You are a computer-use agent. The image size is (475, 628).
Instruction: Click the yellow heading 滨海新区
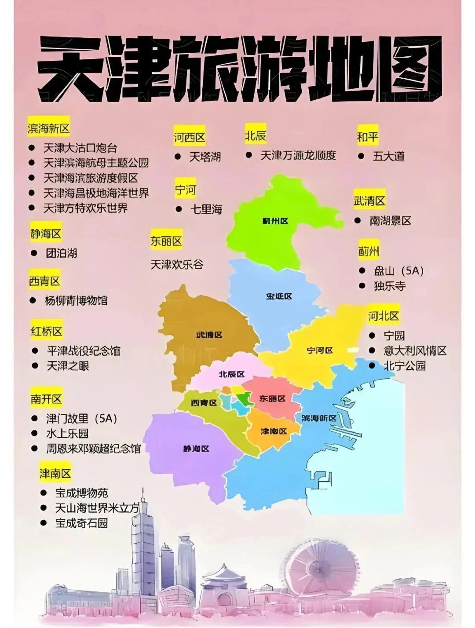(x=48, y=129)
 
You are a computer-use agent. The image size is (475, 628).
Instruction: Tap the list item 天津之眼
(x=68, y=366)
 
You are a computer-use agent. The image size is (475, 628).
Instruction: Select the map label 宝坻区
(x=279, y=297)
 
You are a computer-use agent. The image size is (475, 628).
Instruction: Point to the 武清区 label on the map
(x=209, y=335)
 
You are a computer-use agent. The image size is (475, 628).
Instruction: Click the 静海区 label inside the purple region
(x=196, y=449)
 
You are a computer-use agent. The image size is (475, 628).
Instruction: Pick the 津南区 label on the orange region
(x=274, y=431)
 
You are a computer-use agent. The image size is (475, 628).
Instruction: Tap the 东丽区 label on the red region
(x=272, y=399)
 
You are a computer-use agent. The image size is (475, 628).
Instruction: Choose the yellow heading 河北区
(x=384, y=316)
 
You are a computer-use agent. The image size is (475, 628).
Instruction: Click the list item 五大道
(x=388, y=156)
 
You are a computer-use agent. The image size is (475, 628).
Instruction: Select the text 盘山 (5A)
(x=398, y=271)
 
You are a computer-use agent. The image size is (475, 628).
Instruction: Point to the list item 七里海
(x=206, y=209)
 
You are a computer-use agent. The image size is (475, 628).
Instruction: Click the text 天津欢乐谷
(x=177, y=265)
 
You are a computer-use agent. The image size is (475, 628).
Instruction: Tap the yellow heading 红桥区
(x=47, y=331)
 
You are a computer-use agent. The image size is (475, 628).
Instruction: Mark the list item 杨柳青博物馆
(x=76, y=301)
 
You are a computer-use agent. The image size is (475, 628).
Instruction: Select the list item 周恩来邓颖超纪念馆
(x=93, y=449)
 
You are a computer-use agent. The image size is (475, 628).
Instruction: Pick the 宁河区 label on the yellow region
(x=320, y=351)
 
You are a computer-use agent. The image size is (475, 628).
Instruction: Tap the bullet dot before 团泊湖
(x=34, y=253)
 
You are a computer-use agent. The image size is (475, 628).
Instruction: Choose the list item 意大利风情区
(x=415, y=351)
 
